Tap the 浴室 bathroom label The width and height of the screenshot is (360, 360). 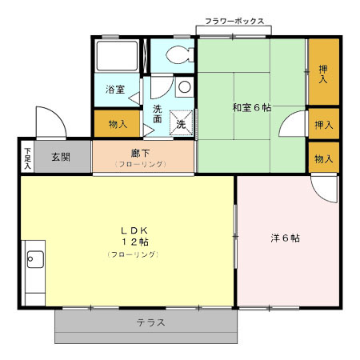[x=115, y=90]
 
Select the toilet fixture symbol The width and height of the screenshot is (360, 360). [x=178, y=54]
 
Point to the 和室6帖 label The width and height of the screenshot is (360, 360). [x=250, y=107]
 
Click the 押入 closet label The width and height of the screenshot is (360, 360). [x=323, y=75]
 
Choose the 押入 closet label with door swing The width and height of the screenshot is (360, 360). [x=322, y=125]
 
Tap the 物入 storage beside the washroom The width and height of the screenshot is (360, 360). [x=118, y=124]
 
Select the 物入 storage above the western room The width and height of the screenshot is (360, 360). [x=323, y=158]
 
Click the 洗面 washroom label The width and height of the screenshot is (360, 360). [x=158, y=114]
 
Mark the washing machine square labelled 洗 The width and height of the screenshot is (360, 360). [x=181, y=124]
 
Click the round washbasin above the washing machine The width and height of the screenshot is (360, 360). [x=184, y=86]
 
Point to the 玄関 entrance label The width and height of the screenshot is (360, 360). [x=60, y=156]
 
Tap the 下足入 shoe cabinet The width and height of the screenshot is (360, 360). [x=27, y=156]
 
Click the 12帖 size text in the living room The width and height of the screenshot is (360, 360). [x=134, y=242]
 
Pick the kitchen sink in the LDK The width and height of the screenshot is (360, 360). [x=34, y=258]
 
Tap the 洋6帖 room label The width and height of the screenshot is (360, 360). [x=285, y=238]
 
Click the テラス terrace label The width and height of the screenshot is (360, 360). [x=150, y=323]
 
